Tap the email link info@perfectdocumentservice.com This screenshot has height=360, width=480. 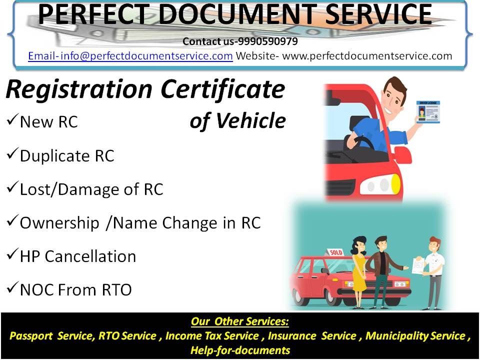point(130,55)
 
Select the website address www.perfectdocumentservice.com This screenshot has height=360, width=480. point(367,55)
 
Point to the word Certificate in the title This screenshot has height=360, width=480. point(223,89)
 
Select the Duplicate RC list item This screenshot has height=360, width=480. point(66,156)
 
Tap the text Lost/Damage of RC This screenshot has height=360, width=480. point(91,189)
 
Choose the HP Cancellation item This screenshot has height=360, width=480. point(77,256)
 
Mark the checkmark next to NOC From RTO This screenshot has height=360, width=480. point(12,288)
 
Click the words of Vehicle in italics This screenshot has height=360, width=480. point(237,121)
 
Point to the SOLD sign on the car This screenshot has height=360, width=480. point(335,252)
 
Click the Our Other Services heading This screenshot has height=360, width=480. point(239,321)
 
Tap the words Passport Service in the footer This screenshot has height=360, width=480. point(50,336)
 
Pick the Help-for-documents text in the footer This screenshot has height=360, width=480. point(240,350)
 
